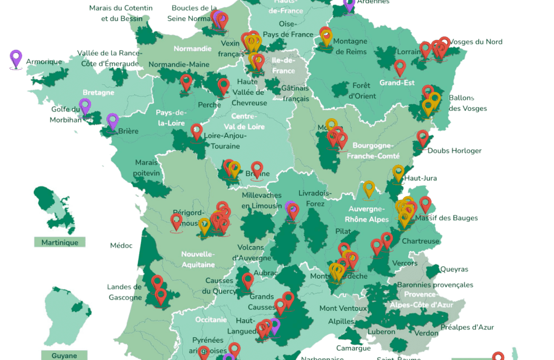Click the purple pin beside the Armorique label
coord(16,59)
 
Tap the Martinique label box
coord(60,242)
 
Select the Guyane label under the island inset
coord(64,355)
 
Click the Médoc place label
coord(121,246)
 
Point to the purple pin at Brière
coord(112,121)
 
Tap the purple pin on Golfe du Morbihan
coord(85,106)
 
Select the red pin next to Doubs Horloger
coord(422,138)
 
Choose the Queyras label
coord(454,269)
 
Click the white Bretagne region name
coord(98,92)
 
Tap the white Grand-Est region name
coord(396,82)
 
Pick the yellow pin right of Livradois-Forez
coord(369,188)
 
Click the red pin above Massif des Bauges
coord(425,204)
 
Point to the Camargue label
coord(354,348)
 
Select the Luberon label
coord(382,332)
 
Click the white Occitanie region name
coord(212,319)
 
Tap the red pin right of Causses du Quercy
coord(248,281)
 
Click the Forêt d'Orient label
coord(363,90)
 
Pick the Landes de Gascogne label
coord(124,292)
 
